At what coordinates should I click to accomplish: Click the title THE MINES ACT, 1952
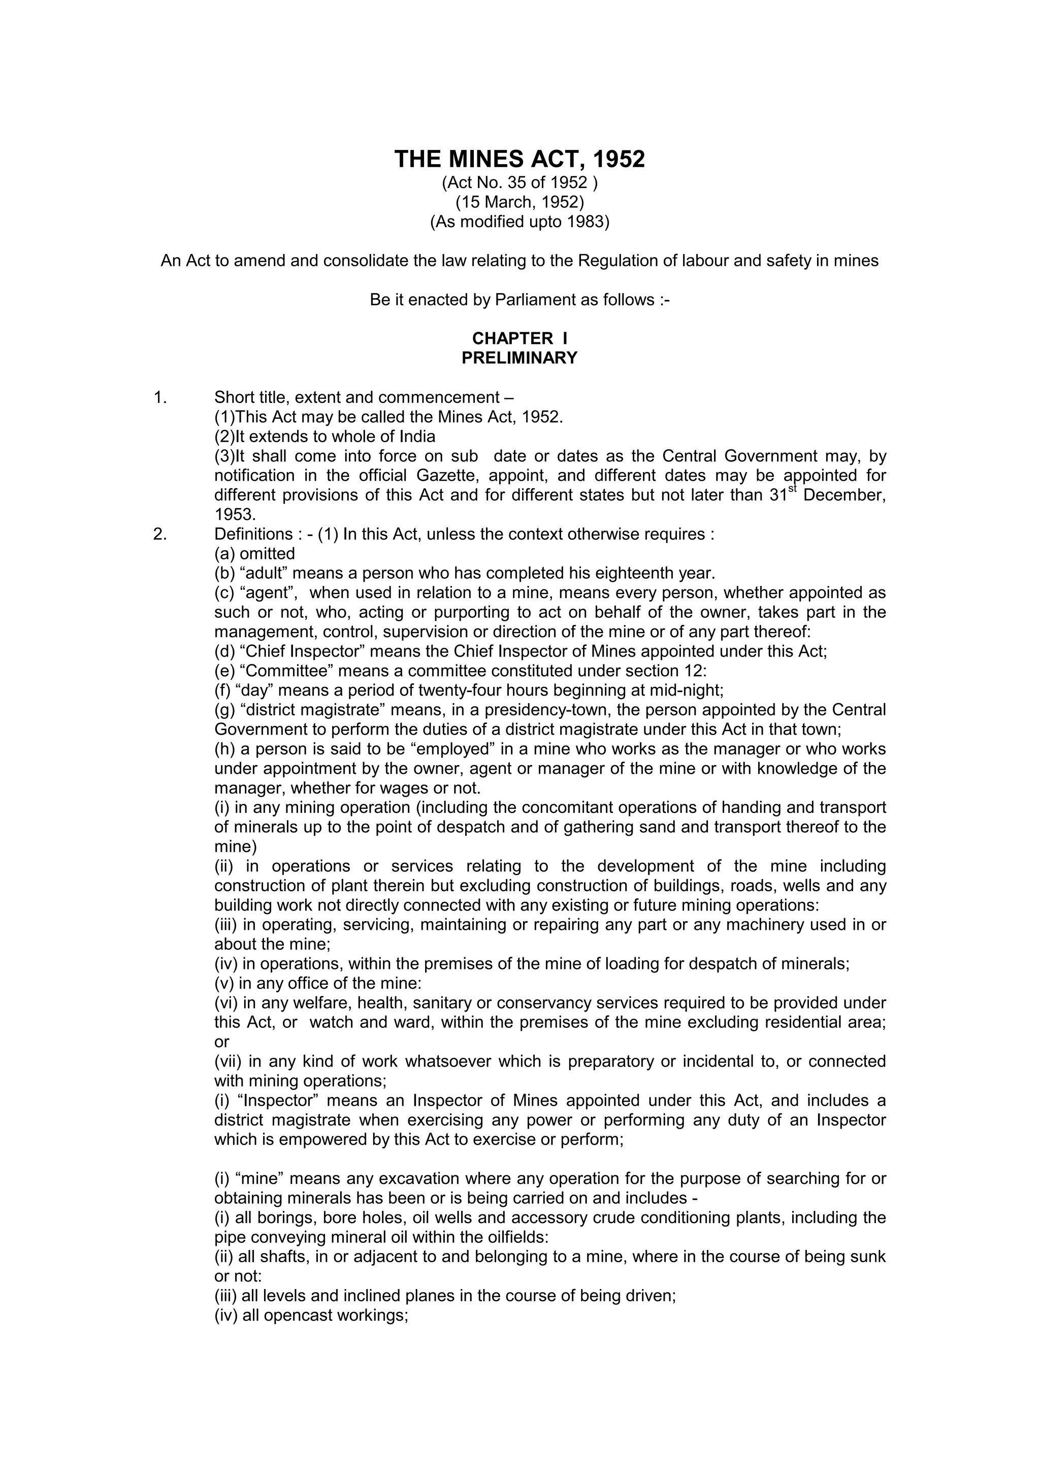tap(519, 159)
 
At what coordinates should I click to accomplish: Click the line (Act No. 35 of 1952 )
tap(519, 183)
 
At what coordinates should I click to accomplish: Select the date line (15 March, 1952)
tap(519, 203)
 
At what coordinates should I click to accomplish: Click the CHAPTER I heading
tap(519, 338)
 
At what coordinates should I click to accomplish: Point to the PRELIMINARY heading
tap(519, 358)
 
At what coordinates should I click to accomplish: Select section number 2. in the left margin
tap(160, 534)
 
